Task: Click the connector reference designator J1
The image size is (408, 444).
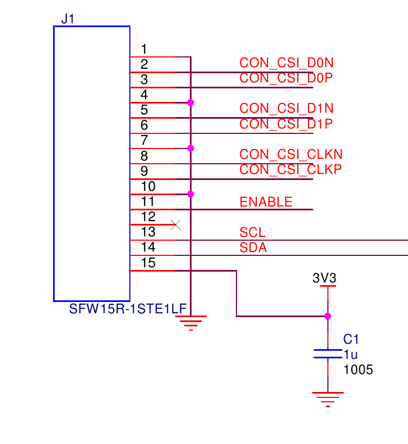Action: point(68,19)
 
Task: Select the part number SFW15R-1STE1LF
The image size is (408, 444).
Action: point(128,309)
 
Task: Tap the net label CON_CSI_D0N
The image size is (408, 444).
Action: point(286,63)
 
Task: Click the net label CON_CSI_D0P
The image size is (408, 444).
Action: point(286,78)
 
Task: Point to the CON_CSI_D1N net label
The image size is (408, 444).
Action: point(286,108)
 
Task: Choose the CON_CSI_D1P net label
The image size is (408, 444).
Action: point(286,124)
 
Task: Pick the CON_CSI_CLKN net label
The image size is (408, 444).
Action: point(291,155)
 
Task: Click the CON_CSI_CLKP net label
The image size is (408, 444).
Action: point(291,169)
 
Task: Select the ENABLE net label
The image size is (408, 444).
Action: point(266,202)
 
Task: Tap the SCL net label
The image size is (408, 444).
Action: point(253,233)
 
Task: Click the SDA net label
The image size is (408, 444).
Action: point(253,248)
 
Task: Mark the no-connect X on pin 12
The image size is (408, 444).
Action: point(175,224)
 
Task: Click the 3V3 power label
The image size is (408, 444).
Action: point(325,278)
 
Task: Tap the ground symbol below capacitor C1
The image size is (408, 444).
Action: point(327,398)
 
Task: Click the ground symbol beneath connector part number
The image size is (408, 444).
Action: point(190,322)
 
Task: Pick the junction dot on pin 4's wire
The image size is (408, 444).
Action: point(190,102)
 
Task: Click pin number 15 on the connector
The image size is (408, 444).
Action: point(148,263)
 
